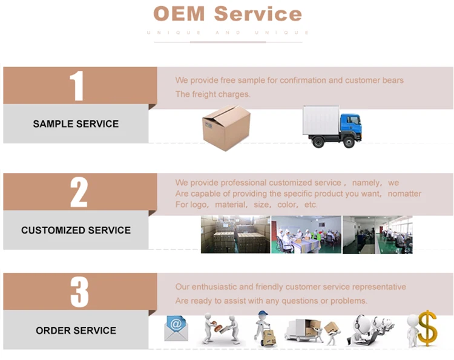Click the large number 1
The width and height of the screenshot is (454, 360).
(76, 86)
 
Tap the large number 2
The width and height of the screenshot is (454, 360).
(79, 192)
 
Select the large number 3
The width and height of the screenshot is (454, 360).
(79, 292)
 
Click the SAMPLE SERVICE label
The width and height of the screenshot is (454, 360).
(76, 124)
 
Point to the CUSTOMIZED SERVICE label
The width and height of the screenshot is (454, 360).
(76, 231)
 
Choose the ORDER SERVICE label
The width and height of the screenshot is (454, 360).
(76, 331)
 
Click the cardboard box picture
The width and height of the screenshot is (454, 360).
(225, 127)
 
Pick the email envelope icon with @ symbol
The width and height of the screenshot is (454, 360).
(176, 328)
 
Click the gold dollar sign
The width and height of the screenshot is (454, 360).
(427, 328)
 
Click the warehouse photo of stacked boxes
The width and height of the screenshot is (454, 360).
(235, 234)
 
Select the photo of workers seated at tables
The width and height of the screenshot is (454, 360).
(306, 234)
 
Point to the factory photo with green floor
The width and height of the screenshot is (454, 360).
(377, 234)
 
